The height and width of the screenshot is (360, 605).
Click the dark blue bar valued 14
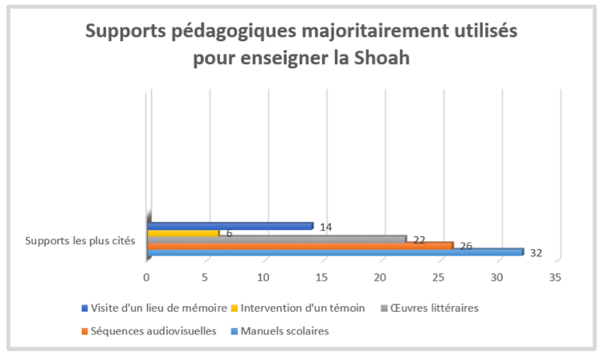tap(230, 226)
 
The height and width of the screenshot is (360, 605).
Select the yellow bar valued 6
tap(183, 233)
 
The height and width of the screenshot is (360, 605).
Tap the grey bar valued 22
tap(276, 239)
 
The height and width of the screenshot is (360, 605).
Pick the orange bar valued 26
tap(300, 245)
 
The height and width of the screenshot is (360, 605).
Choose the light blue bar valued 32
tap(335, 252)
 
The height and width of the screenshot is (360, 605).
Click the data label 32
tap(537, 253)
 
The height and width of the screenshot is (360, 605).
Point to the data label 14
tap(326, 227)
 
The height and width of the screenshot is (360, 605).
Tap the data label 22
tap(419, 239)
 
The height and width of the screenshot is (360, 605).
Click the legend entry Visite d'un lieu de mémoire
tap(153, 308)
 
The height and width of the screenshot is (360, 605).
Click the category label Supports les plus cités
tap(80, 239)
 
